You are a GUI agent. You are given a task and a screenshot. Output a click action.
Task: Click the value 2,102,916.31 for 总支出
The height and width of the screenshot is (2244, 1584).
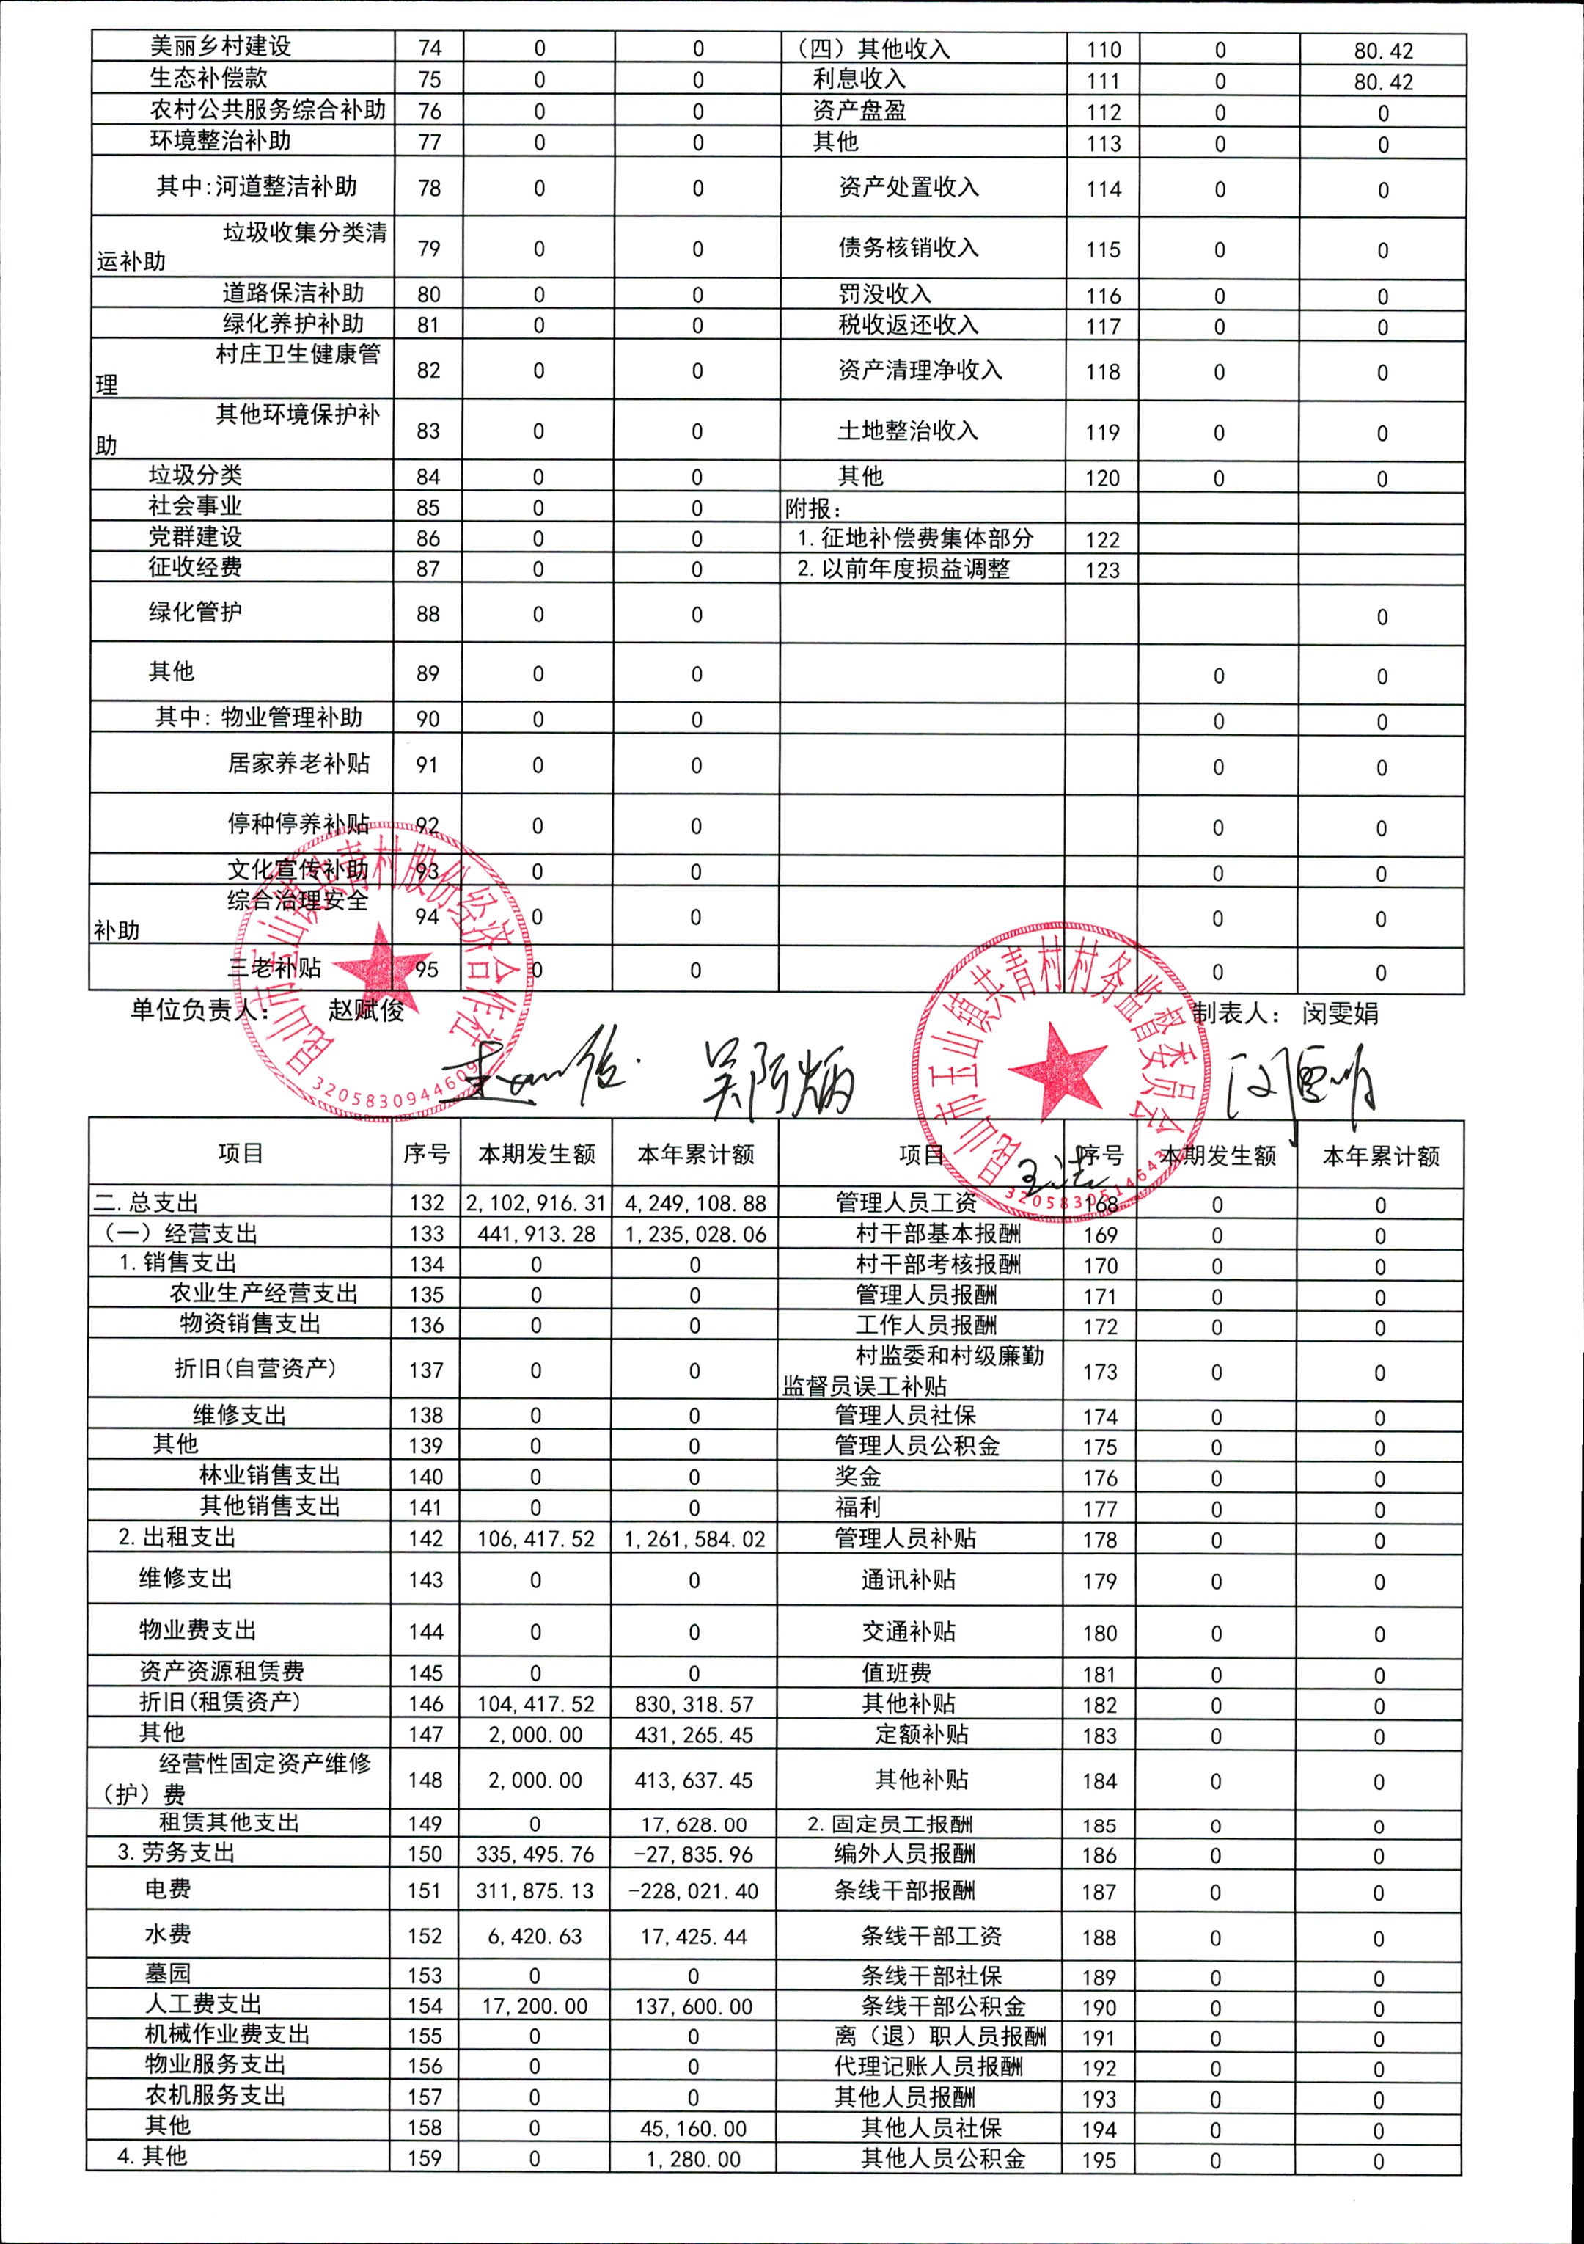pyautogui.click(x=535, y=1203)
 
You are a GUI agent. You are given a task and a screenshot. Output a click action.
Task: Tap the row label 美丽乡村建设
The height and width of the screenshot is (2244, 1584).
pyautogui.click(x=220, y=47)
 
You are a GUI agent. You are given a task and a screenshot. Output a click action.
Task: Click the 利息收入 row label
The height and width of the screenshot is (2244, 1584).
pyautogui.click(x=859, y=79)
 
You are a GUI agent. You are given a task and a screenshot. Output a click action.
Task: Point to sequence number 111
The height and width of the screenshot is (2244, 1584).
pyautogui.click(x=1103, y=81)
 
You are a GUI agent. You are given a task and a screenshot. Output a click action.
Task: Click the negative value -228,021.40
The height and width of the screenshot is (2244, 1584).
pyautogui.click(x=694, y=1891)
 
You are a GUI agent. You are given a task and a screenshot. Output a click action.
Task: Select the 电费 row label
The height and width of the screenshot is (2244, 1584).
pyautogui.click(x=168, y=1889)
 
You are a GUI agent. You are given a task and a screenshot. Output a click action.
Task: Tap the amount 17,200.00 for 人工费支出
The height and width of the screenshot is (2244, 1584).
pyautogui.click(x=535, y=2006)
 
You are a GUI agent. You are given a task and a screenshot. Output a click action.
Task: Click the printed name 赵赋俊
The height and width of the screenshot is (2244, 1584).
pyautogui.click(x=367, y=1011)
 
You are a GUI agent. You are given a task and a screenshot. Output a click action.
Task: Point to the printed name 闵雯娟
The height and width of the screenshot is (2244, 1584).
pyautogui.click(x=1340, y=1014)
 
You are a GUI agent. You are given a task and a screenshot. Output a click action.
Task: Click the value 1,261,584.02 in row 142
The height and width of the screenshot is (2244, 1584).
pyautogui.click(x=694, y=1539)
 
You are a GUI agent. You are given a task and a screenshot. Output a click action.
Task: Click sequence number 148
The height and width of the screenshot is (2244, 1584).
pyautogui.click(x=425, y=1780)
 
